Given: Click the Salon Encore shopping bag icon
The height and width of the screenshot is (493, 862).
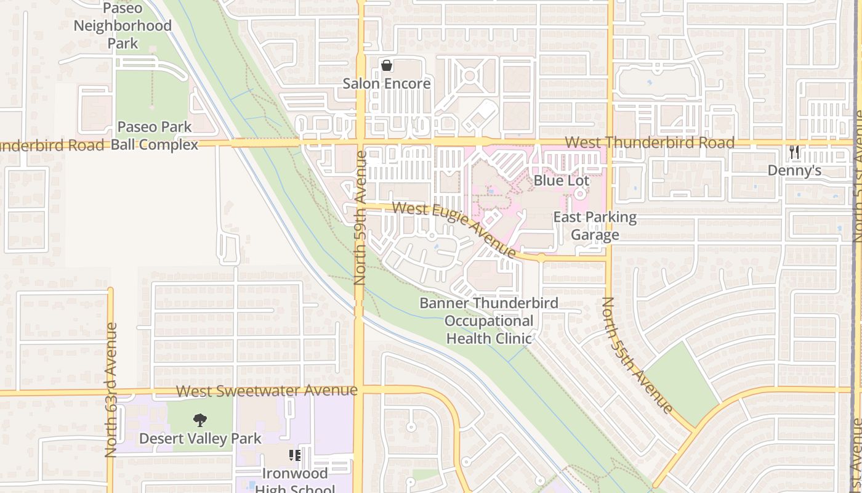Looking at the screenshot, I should pos(387,65).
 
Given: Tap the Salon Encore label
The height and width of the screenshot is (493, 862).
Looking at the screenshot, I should pos(387,83).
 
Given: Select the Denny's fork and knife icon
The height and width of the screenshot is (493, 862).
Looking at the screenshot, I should pos(794,152).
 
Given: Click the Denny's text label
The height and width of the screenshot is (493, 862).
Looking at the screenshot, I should pos(794,171).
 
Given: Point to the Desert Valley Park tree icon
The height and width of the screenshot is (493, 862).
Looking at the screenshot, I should pos(199,421).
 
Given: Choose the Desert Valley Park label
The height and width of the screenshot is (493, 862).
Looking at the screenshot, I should pos(200,439).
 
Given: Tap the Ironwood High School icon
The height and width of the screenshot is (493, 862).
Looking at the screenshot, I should pos(294,455).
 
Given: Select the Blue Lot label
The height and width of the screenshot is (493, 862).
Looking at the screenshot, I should pos(562,181).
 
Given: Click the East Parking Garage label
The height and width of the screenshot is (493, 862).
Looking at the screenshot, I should pos(595,226).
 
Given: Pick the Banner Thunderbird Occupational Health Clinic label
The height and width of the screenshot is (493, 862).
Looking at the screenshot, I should pos(489,320).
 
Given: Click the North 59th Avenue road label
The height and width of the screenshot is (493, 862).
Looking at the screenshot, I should pos(360,218).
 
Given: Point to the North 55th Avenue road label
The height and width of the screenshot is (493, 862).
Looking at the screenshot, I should pos(637,356).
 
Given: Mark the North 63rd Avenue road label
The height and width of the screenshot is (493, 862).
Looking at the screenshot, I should pos(111,389).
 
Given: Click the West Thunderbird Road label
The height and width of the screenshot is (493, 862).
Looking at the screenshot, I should pos(650,143).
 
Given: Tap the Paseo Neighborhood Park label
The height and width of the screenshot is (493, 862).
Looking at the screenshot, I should pos(123,26).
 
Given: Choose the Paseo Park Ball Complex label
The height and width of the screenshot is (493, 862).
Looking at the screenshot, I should pos(154,136).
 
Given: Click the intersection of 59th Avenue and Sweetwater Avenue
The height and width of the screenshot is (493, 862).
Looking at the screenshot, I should pos(359,389).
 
